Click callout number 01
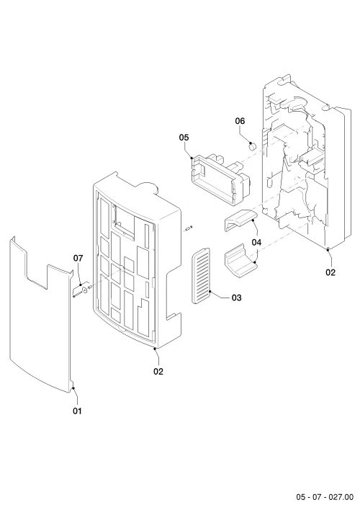77,411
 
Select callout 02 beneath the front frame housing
158,371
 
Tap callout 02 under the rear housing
330,272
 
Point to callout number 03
236,298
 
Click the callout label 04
256,242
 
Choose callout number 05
184,138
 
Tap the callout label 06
240,121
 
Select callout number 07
78,258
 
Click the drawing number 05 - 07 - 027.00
325,496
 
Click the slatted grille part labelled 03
201,276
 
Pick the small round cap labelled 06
252,146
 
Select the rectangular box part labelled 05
221,179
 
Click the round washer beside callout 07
85,290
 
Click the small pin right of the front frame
189,228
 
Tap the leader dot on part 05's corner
192,158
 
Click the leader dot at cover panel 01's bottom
73,388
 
